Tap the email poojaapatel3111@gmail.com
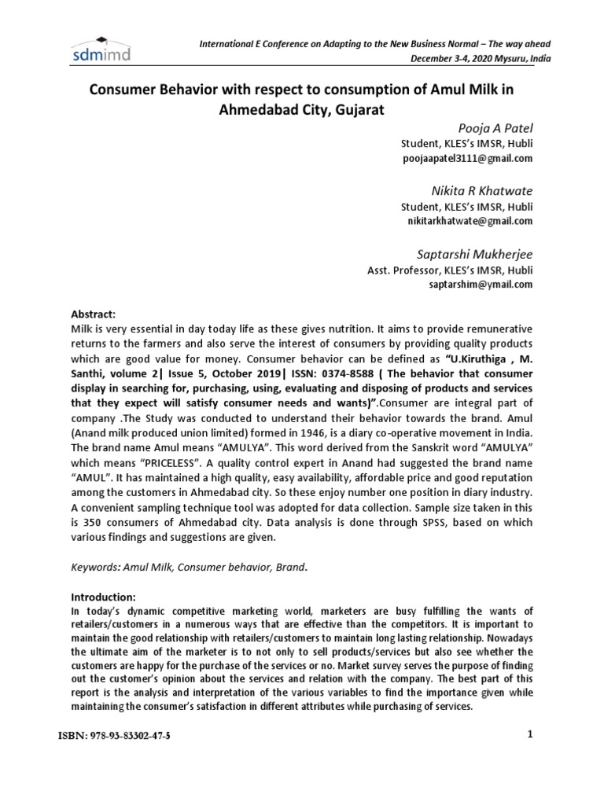(x=467, y=158)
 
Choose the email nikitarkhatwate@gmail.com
(x=470, y=221)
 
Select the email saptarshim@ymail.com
(x=481, y=284)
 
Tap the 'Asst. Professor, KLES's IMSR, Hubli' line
(x=450, y=270)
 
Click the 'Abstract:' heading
(x=94, y=312)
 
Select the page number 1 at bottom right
(x=530, y=733)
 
